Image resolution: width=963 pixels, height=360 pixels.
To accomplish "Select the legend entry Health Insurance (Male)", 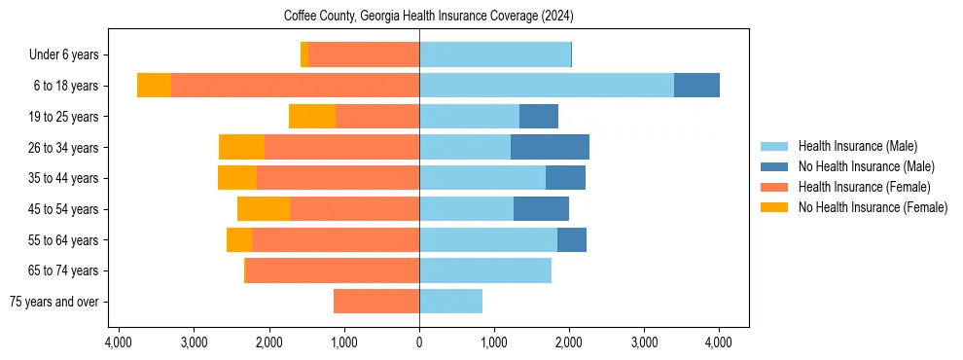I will click(857, 146).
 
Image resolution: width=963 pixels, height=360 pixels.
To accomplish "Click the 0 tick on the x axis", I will click(419, 342).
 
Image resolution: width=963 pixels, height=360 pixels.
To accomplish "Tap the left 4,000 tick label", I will click(119, 342).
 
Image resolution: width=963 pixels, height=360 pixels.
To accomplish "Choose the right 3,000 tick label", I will click(644, 342).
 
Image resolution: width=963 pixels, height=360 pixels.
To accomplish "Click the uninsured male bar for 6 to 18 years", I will click(696, 86).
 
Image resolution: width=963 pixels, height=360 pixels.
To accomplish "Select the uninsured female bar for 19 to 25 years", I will click(312, 117).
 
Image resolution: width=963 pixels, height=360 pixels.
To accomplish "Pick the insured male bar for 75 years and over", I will click(450, 302).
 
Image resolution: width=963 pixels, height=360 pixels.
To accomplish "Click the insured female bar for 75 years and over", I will click(376, 302).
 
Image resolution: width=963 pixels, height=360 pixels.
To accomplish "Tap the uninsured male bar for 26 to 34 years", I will click(550, 147).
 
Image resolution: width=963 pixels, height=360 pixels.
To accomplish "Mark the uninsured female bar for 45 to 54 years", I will click(264, 209).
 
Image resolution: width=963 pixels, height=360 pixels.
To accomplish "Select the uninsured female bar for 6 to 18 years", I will click(154, 86).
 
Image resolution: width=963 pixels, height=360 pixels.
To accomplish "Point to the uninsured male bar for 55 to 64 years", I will click(572, 239).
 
